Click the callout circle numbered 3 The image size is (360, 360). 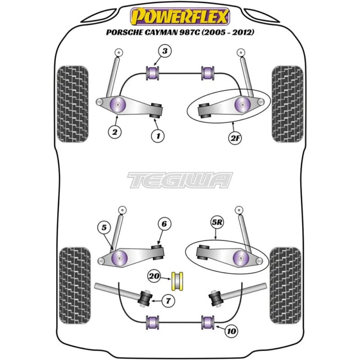[165, 52]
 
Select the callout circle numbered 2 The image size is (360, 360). [115, 132]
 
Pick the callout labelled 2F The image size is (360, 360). [235, 138]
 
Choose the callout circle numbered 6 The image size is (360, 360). [165, 224]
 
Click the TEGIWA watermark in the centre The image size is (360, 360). [180, 180]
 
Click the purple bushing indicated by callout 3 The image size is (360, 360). [154, 72]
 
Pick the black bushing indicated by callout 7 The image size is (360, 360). [146, 297]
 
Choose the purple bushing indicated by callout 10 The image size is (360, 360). [208, 322]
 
